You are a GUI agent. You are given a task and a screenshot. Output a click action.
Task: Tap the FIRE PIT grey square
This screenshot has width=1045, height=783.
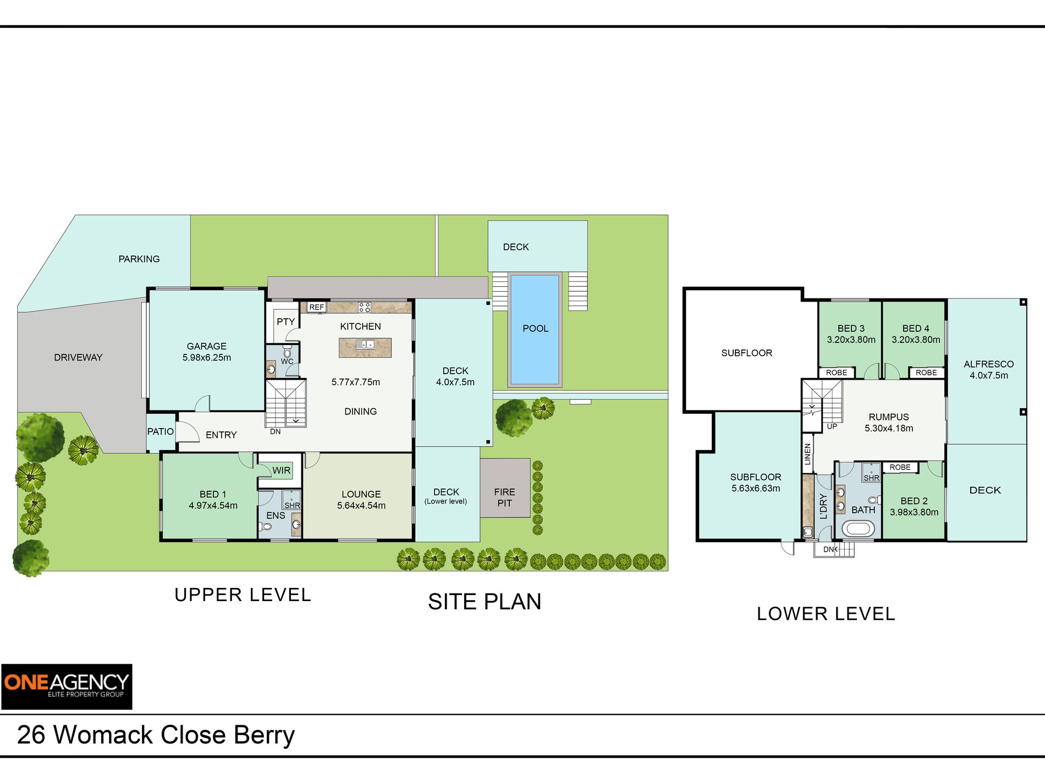(504, 488)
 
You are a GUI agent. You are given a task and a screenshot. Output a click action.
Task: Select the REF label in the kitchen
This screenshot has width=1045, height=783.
(316, 307)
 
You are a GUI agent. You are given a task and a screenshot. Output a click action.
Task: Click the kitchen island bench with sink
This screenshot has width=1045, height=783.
(365, 347)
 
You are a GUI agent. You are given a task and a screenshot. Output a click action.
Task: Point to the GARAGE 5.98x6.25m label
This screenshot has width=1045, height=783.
(206, 352)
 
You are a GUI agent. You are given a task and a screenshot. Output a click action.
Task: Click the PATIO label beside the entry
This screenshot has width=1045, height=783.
(160, 431)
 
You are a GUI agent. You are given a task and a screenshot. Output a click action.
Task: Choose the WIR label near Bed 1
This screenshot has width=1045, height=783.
(281, 470)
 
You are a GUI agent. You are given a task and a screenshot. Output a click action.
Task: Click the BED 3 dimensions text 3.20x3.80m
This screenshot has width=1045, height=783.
(851, 340)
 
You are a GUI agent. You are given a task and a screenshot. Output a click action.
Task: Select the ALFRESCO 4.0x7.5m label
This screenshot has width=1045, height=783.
(988, 370)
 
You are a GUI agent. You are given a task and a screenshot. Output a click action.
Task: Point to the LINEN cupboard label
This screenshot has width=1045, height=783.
(807, 454)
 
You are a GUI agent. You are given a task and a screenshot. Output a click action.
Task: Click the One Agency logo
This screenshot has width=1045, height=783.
(67, 686)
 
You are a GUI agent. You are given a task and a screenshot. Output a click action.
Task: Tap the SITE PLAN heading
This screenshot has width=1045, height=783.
(485, 602)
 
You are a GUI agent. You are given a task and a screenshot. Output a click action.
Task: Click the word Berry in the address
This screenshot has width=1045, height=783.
(264, 735)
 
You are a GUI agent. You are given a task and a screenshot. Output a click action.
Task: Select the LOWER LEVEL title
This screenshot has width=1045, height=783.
(826, 614)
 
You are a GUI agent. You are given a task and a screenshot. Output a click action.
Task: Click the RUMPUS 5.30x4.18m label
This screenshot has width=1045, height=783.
(888, 423)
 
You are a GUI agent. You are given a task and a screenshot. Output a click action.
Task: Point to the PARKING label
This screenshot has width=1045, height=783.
(139, 259)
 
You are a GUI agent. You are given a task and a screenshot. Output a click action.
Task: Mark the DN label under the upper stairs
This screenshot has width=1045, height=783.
(275, 431)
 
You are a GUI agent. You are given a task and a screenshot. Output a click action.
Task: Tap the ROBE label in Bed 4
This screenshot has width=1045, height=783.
(926, 373)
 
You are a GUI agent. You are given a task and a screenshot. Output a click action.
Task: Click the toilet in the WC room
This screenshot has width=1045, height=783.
(287, 352)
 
